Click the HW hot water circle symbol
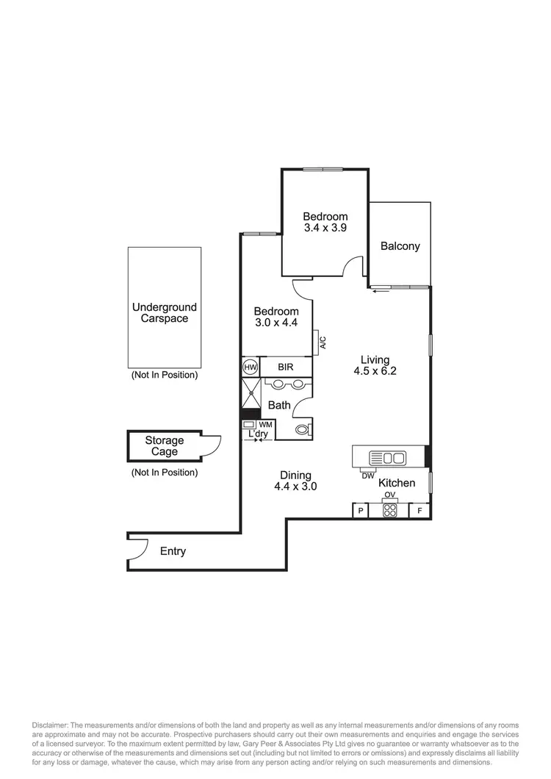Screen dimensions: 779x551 tap(249, 366)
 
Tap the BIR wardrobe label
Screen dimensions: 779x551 tap(286, 366)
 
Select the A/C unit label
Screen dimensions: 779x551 tap(323, 342)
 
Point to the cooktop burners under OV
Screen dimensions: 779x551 tap(389, 511)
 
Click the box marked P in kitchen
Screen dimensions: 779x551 tap(360, 511)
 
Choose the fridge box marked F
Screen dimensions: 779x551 tap(419, 511)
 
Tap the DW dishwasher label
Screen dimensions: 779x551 tap(368, 475)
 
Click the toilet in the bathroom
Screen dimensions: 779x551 tap(302, 430)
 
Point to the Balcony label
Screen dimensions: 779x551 tap(400, 246)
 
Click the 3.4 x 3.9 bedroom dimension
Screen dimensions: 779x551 tap(325, 228)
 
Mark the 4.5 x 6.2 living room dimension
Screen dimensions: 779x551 tap(374, 371)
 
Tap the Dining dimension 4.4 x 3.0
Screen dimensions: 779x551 tap(295, 487)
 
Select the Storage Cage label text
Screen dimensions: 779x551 tap(164, 446)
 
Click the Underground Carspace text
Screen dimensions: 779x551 tap(165, 313)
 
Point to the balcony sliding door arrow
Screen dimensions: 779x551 tap(380, 292)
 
